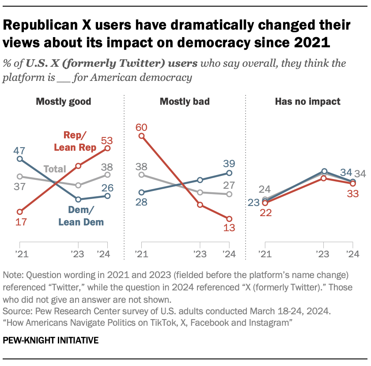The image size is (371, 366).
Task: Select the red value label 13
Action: click(229, 229)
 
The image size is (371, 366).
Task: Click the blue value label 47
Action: click(19, 149)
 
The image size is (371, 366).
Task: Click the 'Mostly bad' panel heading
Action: click(185, 102)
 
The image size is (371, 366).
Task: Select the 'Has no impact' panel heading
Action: click(307, 102)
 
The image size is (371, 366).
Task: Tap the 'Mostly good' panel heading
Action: click(63, 102)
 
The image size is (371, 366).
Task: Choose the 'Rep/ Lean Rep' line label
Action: click(75, 142)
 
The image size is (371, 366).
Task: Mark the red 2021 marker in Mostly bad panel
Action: click(142, 136)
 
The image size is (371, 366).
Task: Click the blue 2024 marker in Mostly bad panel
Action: click(229, 173)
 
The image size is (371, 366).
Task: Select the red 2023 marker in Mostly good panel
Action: click(79, 166)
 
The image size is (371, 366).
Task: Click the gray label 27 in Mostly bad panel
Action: click(229, 184)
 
